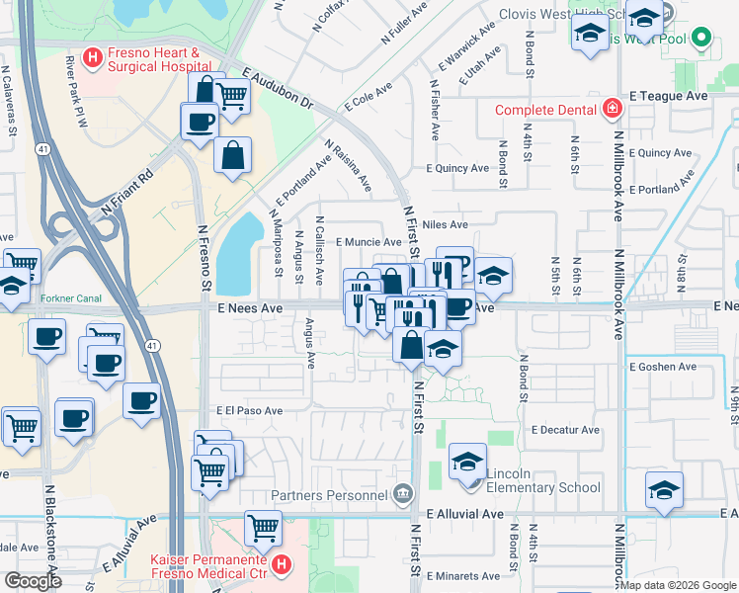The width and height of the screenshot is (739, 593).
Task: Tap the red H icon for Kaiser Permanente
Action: pos(282,566)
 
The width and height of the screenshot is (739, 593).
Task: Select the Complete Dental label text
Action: pos(549,109)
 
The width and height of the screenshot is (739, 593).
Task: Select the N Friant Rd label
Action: pos(128,205)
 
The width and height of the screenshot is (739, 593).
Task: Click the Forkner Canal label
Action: pos(72,296)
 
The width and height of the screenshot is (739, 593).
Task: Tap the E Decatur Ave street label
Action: pos(565,430)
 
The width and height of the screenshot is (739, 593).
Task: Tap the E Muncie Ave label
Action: pos(368,241)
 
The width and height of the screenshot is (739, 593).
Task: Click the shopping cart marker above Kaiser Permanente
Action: pos(263,528)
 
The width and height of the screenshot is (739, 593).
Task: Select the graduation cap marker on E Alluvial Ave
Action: pos(665,489)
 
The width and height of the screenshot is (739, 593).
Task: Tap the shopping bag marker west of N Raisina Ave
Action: pos(232,154)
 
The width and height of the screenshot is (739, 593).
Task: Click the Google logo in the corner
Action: pos(32,581)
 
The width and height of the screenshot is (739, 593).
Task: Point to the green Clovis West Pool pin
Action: pos(702,40)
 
